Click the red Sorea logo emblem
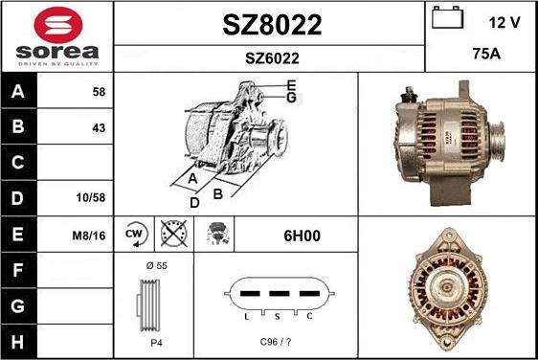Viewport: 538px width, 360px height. point(58,25)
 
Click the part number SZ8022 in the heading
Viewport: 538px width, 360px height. point(272,25)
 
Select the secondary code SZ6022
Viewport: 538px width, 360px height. point(272,58)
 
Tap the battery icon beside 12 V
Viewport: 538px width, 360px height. point(447,17)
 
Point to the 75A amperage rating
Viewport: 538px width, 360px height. point(486,54)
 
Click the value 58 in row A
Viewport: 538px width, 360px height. point(99,92)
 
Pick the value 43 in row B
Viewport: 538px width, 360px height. point(99,128)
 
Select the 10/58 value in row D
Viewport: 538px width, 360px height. point(91,197)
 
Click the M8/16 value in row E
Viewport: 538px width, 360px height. point(89,236)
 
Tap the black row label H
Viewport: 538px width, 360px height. point(17,342)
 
